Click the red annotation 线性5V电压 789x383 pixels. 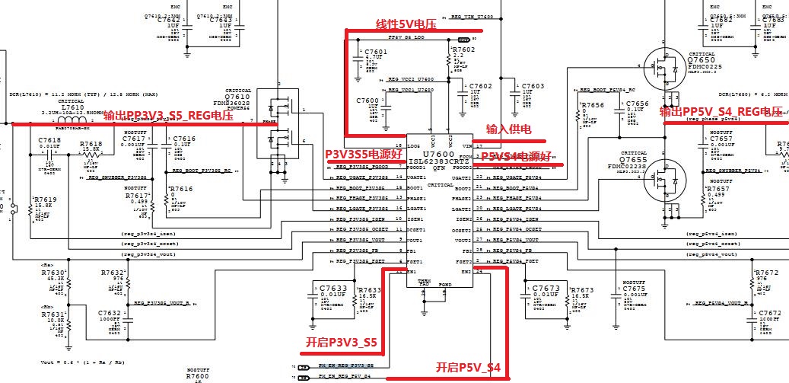click(406, 25)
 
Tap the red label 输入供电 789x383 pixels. click(508, 130)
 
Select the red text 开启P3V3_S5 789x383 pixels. click(341, 343)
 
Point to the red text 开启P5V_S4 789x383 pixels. click(468, 367)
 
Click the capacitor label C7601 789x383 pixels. click(375, 52)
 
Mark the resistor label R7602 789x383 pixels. click(463, 50)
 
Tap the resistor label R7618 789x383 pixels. click(91, 143)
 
